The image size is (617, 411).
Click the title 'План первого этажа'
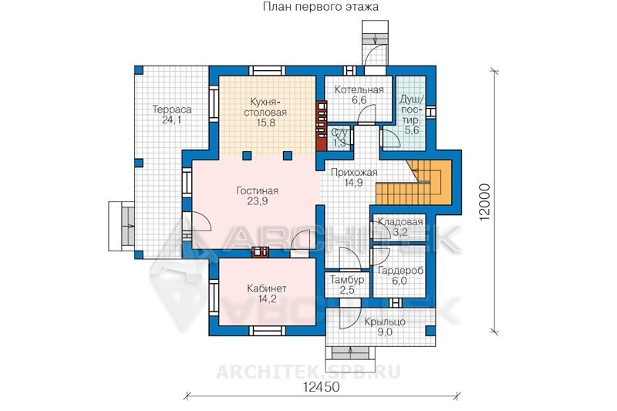pyautogui.click(x=320, y=7)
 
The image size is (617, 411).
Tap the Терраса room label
pyautogui.click(x=172, y=109)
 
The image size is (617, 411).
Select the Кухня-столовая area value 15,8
pyautogui.click(x=265, y=123)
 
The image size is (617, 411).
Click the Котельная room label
pyautogui.click(x=359, y=89)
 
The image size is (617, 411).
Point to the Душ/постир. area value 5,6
pyautogui.click(x=412, y=130)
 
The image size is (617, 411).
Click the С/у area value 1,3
pyautogui.click(x=339, y=143)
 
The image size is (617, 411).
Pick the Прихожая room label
pyautogui.click(x=354, y=172)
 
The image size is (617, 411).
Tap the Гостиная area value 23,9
pyautogui.click(x=258, y=201)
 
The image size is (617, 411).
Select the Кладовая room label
pyautogui.click(x=400, y=222)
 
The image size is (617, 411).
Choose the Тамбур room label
pyautogui.click(x=346, y=280)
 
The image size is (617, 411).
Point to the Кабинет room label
pyautogui.click(x=267, y=288)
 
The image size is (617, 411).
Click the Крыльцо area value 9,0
pyautogui.click(x=385, y=332)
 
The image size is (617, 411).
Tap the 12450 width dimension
pyautogui.click(x=322, y=387)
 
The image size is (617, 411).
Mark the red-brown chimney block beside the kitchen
pyautogui.click(x=322, y=126)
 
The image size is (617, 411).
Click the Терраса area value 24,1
pyautogui.click(x=171, y=120)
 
